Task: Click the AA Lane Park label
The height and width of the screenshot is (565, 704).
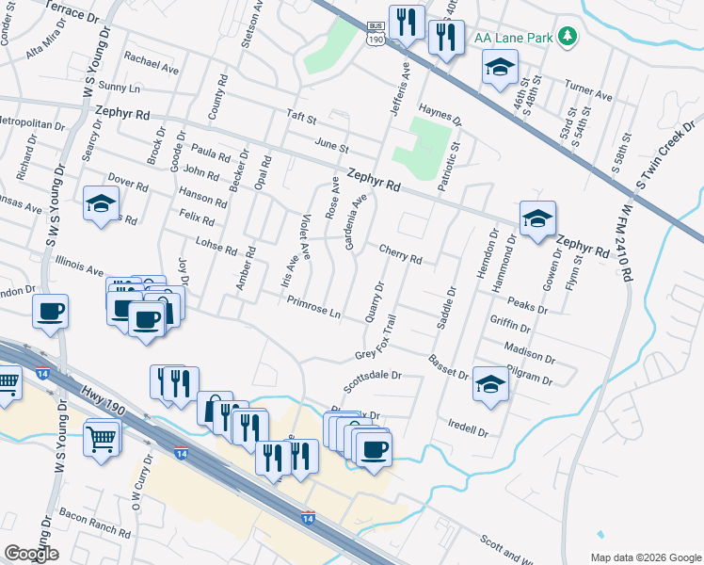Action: pyautogui.click(x=515, y=38)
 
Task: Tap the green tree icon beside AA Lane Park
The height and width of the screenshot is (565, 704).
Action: pyautogui.click(x=568, y=37)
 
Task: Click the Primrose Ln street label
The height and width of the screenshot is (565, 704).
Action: pyautogui.click(x=314, y=307)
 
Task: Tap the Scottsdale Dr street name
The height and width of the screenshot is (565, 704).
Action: pyautogui.click(x=373, y=379)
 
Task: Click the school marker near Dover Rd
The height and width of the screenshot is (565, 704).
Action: pyautogui.click(x=101, y=204)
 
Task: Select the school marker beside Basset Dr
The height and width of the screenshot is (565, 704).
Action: pyautogui.click(x=489, y=384)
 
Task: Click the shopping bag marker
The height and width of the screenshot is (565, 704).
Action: pyautogui.click(x=215, y=409)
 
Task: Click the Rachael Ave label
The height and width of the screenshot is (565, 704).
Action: pyautogui.click(x=152, y=63)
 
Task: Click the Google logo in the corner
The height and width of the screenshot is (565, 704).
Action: pyautogui.click(x=31, y=554)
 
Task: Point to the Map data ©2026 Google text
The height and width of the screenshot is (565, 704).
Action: pyautogui.click(x=645, y=557)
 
